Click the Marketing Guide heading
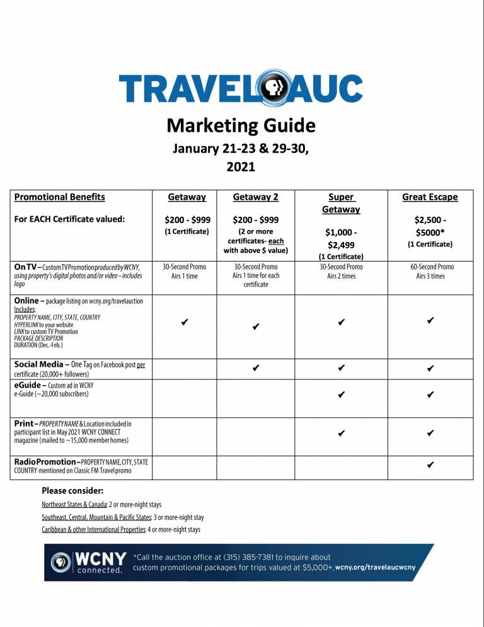click(x=241, y=125)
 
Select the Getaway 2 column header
click(x=256, y=197)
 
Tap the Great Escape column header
click(x=430, y=197)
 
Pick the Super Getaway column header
click(x=341, y=203)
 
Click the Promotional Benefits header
click(x=59, y=197)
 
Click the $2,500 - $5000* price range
click(x=430, y=226)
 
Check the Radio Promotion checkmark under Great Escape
click(x=430, y=465)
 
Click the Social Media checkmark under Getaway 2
click(x=256, y=367)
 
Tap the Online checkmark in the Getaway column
click(x=184, y=323)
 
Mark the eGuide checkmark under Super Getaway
click(x=341, y=395)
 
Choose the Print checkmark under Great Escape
click(x=430, y=433)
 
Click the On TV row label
click(x=26, y=267)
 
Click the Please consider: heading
click(x=72, y=490)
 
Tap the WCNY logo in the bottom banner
click(x=88, y=562)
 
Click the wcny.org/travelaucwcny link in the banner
click(x=376, y=568)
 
